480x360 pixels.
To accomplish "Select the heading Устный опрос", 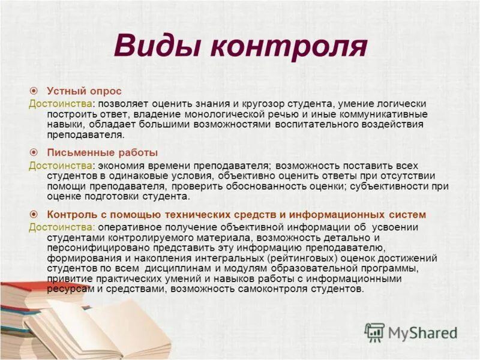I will tap(84, 91).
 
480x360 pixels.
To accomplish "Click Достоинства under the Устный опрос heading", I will tap(59, 104).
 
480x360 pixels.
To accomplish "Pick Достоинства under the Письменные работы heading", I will tap(59, 165).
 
